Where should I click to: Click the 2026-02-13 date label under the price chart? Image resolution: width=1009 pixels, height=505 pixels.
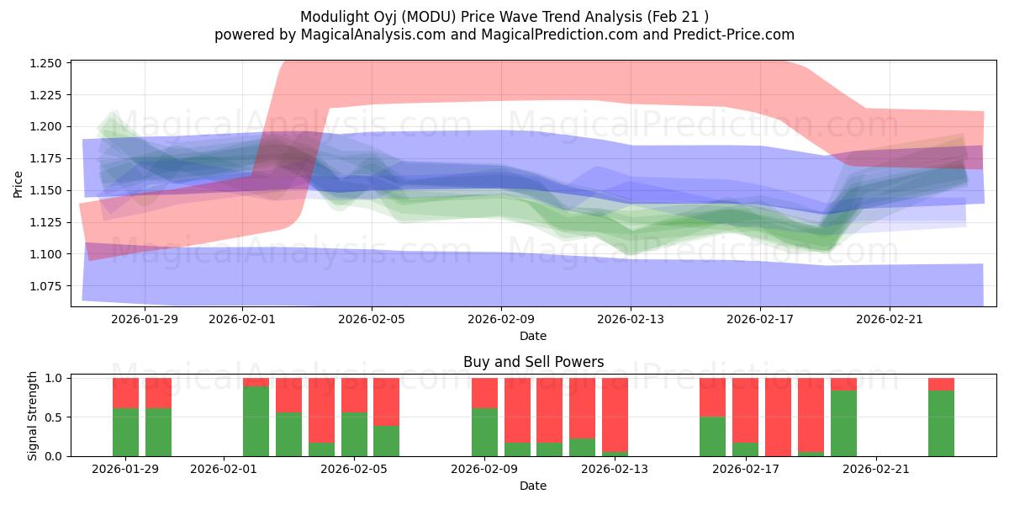pyautogui.click(x=631, y=319)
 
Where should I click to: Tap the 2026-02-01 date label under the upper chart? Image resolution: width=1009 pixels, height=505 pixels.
pyautogui.click(x=242, y=319)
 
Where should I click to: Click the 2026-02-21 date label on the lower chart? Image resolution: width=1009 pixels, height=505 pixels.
pyautogui.click(x=876, y=469)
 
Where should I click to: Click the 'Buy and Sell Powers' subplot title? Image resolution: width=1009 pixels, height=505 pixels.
pyautogui.click(x=533, y=363)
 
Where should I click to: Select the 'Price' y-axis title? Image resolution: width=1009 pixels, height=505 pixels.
pyautogui.click(x=18, y=184)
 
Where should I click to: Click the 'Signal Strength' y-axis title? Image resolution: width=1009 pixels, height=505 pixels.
pyautogui.click(x=32, y=415)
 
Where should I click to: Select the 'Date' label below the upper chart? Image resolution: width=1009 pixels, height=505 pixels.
pyautogui.click(x=533, y=336)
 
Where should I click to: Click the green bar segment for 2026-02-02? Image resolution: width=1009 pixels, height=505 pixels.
pyautogui.click(x=256, y=422)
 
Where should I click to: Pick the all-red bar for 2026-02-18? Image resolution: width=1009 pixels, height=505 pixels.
pyautogui.click(x=778, y=417)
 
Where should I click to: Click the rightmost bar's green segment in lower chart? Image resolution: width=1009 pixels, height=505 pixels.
pyautogui.click(x=941, y=423)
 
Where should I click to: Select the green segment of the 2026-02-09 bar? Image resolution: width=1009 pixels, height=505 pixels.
pyautogui.click(x=484, y=432)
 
